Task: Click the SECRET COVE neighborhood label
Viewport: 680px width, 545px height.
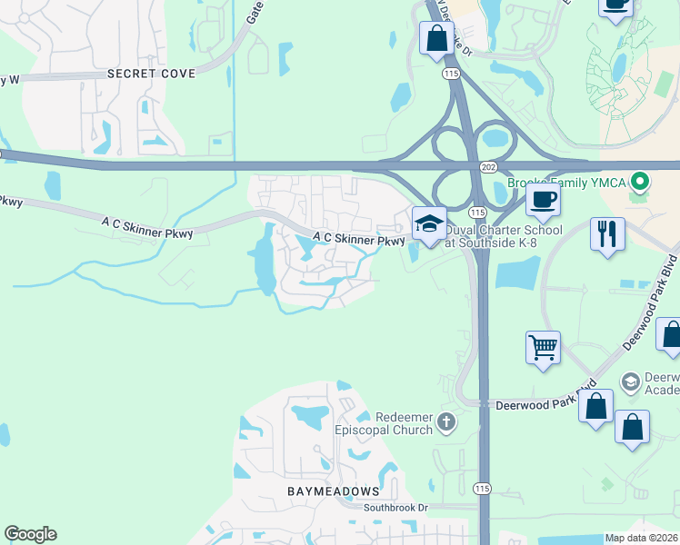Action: (151, 73)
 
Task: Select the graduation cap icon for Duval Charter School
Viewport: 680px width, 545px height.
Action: (428, 223)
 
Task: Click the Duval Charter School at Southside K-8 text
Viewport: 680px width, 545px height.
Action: (504, 236)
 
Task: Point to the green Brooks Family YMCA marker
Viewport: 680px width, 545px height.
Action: (640, 183)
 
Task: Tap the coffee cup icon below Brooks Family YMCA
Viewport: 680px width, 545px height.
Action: (543, 201)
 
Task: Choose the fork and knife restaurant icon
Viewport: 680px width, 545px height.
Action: (606, 233)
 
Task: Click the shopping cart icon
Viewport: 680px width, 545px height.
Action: (543, 347)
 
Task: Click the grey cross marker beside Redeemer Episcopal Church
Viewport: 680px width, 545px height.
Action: (445, 421)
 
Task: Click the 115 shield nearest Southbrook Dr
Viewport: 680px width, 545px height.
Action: (482, 488)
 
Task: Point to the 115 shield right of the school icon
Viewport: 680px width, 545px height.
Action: (476, 236)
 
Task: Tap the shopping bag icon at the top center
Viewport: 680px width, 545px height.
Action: (436, 39)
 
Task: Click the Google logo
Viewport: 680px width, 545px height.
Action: (30, 534)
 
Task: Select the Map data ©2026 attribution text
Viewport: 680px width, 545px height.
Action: (641, 538)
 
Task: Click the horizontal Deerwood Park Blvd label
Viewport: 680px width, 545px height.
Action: (533, 404)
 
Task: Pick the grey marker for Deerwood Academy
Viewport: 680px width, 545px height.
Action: (629, 381)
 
